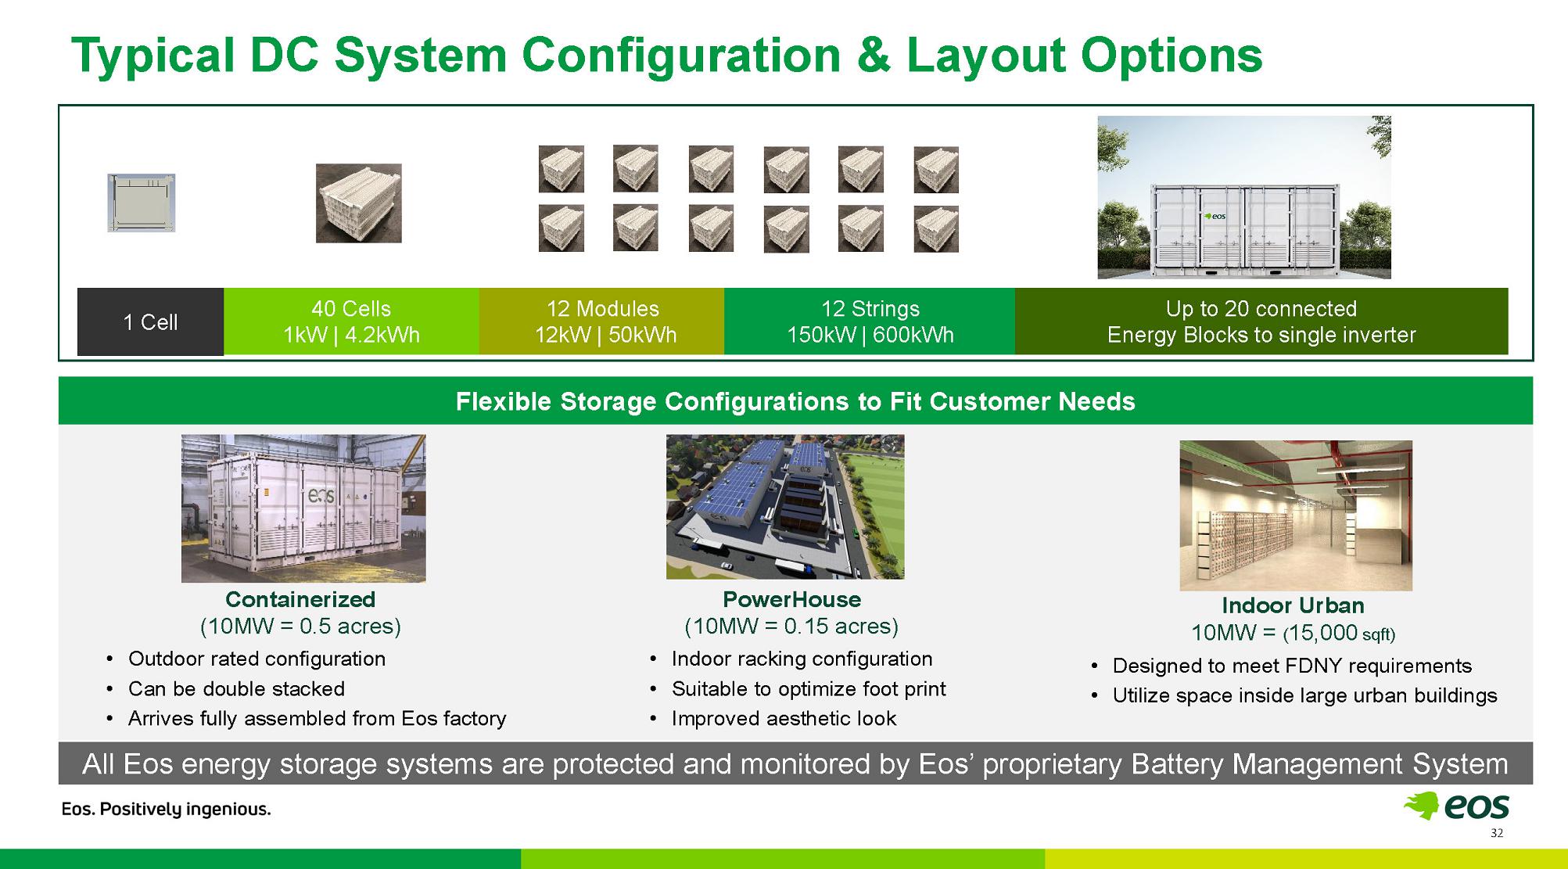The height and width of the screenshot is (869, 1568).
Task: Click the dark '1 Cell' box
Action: coord(150,321)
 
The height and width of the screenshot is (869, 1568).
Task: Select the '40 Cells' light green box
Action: coord(351,321)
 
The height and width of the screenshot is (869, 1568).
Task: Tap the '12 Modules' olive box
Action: coord(602,321)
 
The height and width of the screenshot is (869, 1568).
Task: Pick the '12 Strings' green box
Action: coord(870,321)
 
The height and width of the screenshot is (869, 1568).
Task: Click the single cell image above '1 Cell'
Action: coord(142,203)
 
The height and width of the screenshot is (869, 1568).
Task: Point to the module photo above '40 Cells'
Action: coord(359,203)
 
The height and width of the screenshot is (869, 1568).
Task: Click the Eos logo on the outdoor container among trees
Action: coord(1215,216)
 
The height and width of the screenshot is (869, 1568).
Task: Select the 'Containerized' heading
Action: coord(300,599)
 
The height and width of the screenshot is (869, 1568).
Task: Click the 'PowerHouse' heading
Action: coord(791,599)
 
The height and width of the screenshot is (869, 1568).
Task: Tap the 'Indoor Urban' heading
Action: coord(1293,605)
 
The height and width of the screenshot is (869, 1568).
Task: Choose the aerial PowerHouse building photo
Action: coord(785,507)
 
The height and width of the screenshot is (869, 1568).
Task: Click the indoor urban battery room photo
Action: coord(1296,515)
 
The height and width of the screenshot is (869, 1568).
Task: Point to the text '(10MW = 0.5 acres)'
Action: coord(300,627)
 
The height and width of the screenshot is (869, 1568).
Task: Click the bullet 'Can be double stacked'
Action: coord(236,688)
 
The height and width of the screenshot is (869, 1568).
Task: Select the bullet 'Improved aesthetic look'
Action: coord(784,718)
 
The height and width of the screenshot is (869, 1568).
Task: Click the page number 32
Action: coord(1497,833)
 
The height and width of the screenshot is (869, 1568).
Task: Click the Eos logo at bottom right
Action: coord(1456,806)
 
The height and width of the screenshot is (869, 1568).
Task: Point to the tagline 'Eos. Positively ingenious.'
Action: coord(167,810)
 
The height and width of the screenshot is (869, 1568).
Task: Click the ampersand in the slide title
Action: coord(863,55)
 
